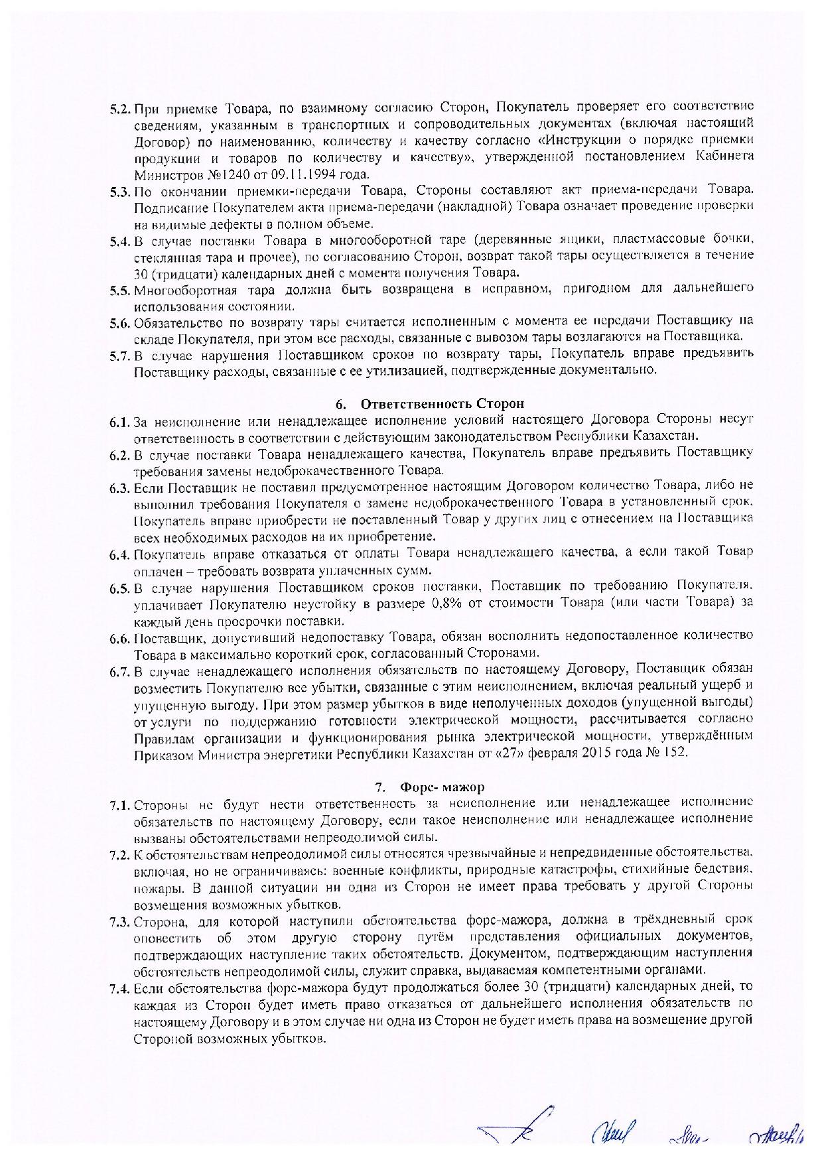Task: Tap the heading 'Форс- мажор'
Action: point(442,787)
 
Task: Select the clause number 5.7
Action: point(121,354)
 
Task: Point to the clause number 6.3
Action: point(121,487)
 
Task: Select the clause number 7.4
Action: point(121,988)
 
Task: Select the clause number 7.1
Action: point(121,804)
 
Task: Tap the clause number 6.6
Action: point(121,637)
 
